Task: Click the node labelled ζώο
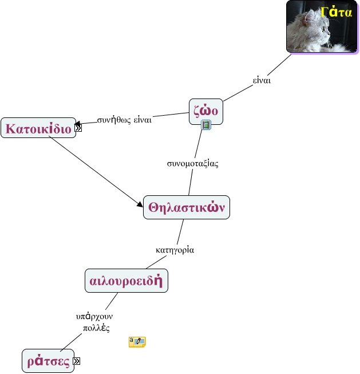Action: pos(205,111)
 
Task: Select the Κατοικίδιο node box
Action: pos(38,129)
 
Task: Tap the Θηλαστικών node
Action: pos(186,207)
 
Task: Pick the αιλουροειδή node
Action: pos(126,281)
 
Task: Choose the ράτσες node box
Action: pos(48,361)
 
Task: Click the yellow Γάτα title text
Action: pos(336,12)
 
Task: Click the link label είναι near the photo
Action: pos(262,80)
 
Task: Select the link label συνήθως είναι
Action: pos(124,120)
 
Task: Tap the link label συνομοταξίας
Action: pos(192,163)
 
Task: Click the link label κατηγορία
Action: pos(175,250)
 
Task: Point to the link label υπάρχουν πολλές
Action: pos(93,322)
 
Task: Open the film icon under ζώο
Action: pos(206,125)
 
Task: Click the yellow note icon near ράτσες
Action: pos(137,342)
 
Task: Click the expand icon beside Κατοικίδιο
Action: pos(78,128)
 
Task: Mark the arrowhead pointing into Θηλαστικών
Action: pos(140,204)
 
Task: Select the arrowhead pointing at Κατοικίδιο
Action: pos(78,123)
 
